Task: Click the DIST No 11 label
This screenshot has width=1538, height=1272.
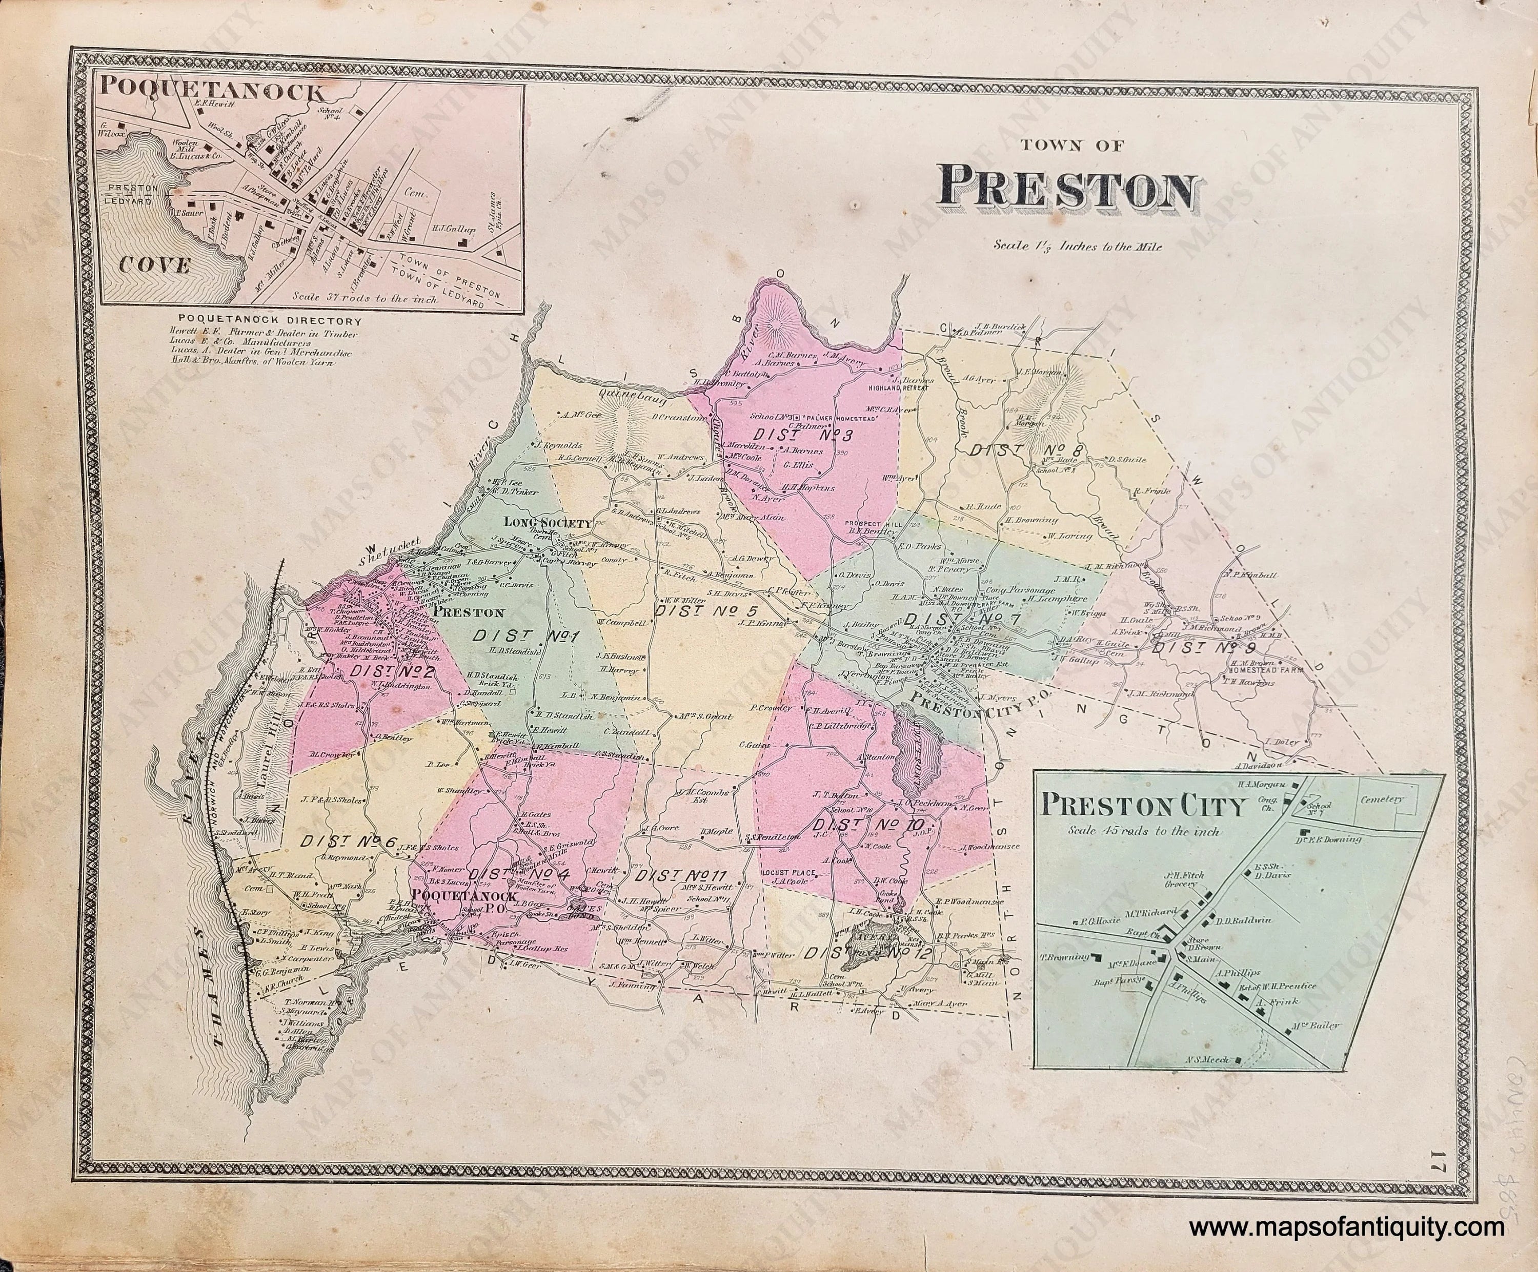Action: tap(680, 876)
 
